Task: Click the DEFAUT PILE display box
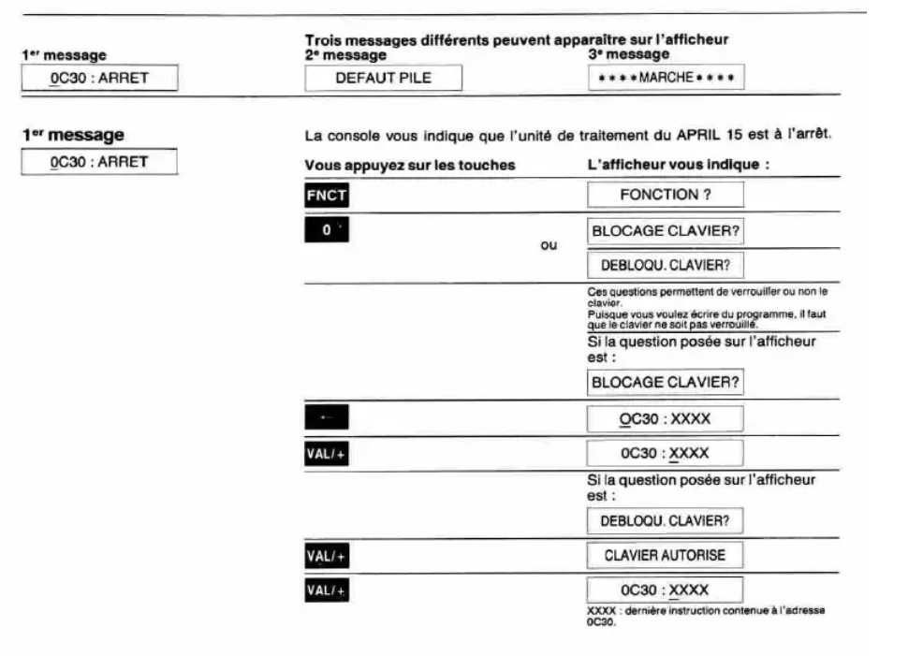click(384, 78)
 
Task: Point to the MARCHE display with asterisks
click(666, 78)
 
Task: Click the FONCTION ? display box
click(666, 195)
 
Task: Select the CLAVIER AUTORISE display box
click(666, 556)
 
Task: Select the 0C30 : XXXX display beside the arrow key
click(666, 418)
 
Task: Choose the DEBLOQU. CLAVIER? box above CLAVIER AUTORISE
click(666, 519)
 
